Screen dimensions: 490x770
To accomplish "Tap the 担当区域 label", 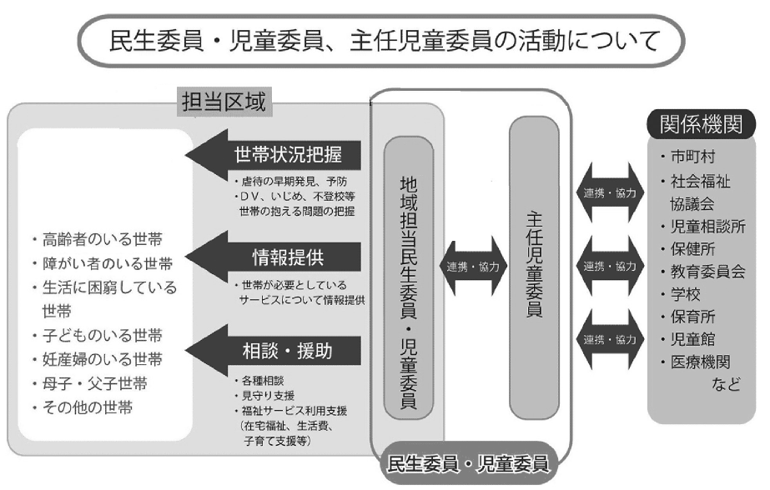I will (x=224, y=103).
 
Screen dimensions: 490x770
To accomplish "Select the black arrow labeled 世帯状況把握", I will (x=275, y=154).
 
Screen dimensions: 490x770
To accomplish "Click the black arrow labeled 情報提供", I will (x=275, y=253).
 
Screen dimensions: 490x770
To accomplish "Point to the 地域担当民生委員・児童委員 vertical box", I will (x=409, y=276).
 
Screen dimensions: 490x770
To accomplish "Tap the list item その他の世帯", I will (x=88, y=408).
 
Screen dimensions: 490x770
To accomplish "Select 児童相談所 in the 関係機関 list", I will (x=706, y=226).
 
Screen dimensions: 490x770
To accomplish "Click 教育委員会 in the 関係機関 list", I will (x=706, y=271).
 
